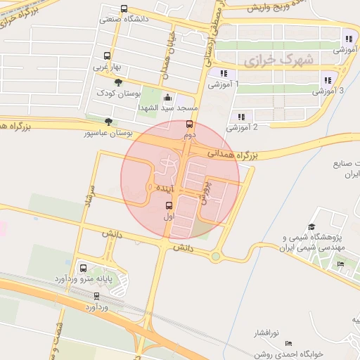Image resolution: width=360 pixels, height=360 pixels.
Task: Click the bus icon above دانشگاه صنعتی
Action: (124, 9)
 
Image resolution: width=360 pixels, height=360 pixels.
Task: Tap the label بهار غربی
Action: (108, 67)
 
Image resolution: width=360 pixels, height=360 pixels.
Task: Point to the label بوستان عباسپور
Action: (109, 132)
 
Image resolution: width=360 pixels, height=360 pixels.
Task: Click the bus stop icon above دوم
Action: (188, 124)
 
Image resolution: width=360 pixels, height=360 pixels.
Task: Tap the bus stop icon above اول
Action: (169, 206)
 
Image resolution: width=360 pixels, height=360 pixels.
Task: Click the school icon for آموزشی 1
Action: (223, 72)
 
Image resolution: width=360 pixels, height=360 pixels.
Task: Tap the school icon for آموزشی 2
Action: (240, 117)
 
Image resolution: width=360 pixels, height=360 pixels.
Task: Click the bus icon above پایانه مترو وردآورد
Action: (84, 268)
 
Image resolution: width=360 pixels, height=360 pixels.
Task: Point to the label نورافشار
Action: (266, 331)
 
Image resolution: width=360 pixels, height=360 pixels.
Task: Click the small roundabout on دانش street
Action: (215, 257)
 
